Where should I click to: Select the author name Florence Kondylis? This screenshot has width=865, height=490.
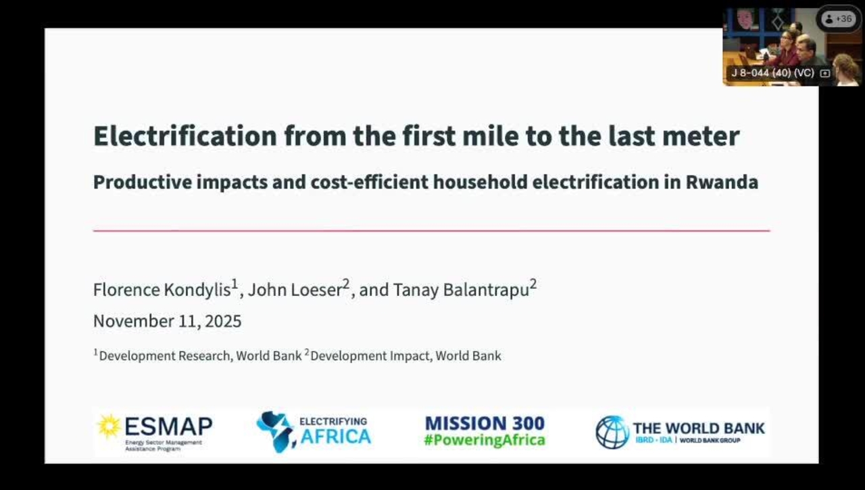[x=162, y=290]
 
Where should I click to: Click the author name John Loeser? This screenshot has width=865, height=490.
[x=295, y=290]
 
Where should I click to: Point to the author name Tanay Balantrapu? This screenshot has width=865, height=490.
[x=460, y=290]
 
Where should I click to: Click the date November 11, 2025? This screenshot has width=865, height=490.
[x=167, y=321]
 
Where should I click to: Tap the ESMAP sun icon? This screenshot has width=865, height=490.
[x=108, y=426]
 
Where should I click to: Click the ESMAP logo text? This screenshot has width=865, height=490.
[x=168, y=426]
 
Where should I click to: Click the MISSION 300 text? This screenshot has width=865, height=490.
[x=485, y=424]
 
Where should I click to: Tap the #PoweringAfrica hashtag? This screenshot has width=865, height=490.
[x=485, y=441]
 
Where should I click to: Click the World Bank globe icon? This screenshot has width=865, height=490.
[x=612, y=432]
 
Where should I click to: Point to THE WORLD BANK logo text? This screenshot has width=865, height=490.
[x=699, y=428]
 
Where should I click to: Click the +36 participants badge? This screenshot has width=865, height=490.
[x=839, y=19]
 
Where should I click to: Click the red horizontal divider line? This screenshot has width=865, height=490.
[x=431, y=230]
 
